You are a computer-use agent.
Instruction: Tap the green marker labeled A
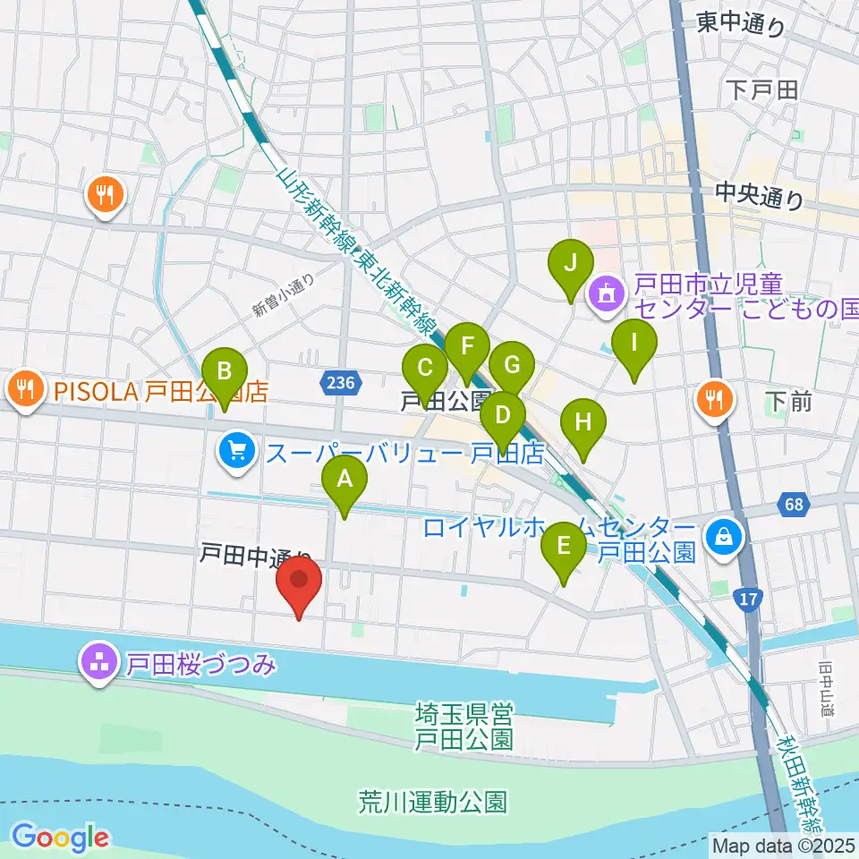point(344,484)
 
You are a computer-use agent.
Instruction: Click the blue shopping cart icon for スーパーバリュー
point(236,449)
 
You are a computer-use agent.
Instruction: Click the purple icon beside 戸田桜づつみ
point(98,663)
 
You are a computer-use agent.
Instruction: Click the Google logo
point(60,838)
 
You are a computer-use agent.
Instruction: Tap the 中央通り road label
point(760,196)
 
